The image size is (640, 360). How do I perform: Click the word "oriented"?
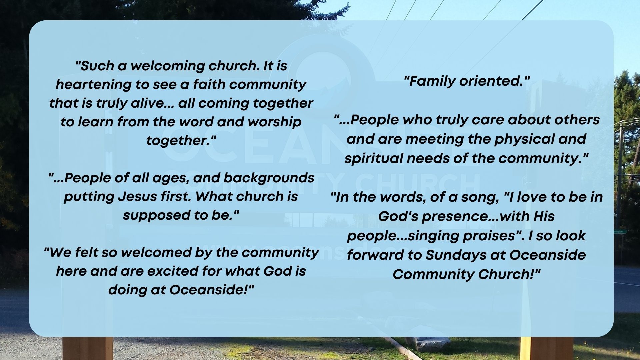(494, 81)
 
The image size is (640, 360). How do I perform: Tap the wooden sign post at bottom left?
(87, 348)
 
